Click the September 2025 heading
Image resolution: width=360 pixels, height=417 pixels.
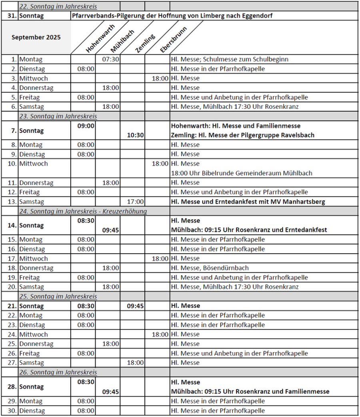[36, 37]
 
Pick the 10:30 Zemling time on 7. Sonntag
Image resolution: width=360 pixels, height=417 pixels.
[135, 135]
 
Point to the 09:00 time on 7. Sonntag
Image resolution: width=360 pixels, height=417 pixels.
[86, 126]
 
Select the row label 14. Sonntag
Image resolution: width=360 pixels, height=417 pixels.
[31, 225]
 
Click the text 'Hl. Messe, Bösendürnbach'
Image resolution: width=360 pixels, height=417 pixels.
[210, 268]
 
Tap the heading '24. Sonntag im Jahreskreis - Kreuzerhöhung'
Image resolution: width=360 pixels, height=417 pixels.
[83, 211]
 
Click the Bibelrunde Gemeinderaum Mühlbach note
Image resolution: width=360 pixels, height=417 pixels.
[242, 173]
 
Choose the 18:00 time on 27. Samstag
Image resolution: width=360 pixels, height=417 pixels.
[135, 363]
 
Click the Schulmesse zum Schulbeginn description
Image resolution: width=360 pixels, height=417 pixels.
[230, 59]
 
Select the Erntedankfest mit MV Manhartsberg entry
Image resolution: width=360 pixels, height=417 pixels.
[248, 202]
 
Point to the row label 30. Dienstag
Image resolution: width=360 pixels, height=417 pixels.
[31, 411]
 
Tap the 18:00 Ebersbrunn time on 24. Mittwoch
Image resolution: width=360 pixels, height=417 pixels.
[160, 334]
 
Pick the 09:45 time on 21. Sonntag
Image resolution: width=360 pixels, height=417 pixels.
[135, 306]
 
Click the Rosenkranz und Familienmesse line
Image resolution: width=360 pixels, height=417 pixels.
[250, 391]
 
